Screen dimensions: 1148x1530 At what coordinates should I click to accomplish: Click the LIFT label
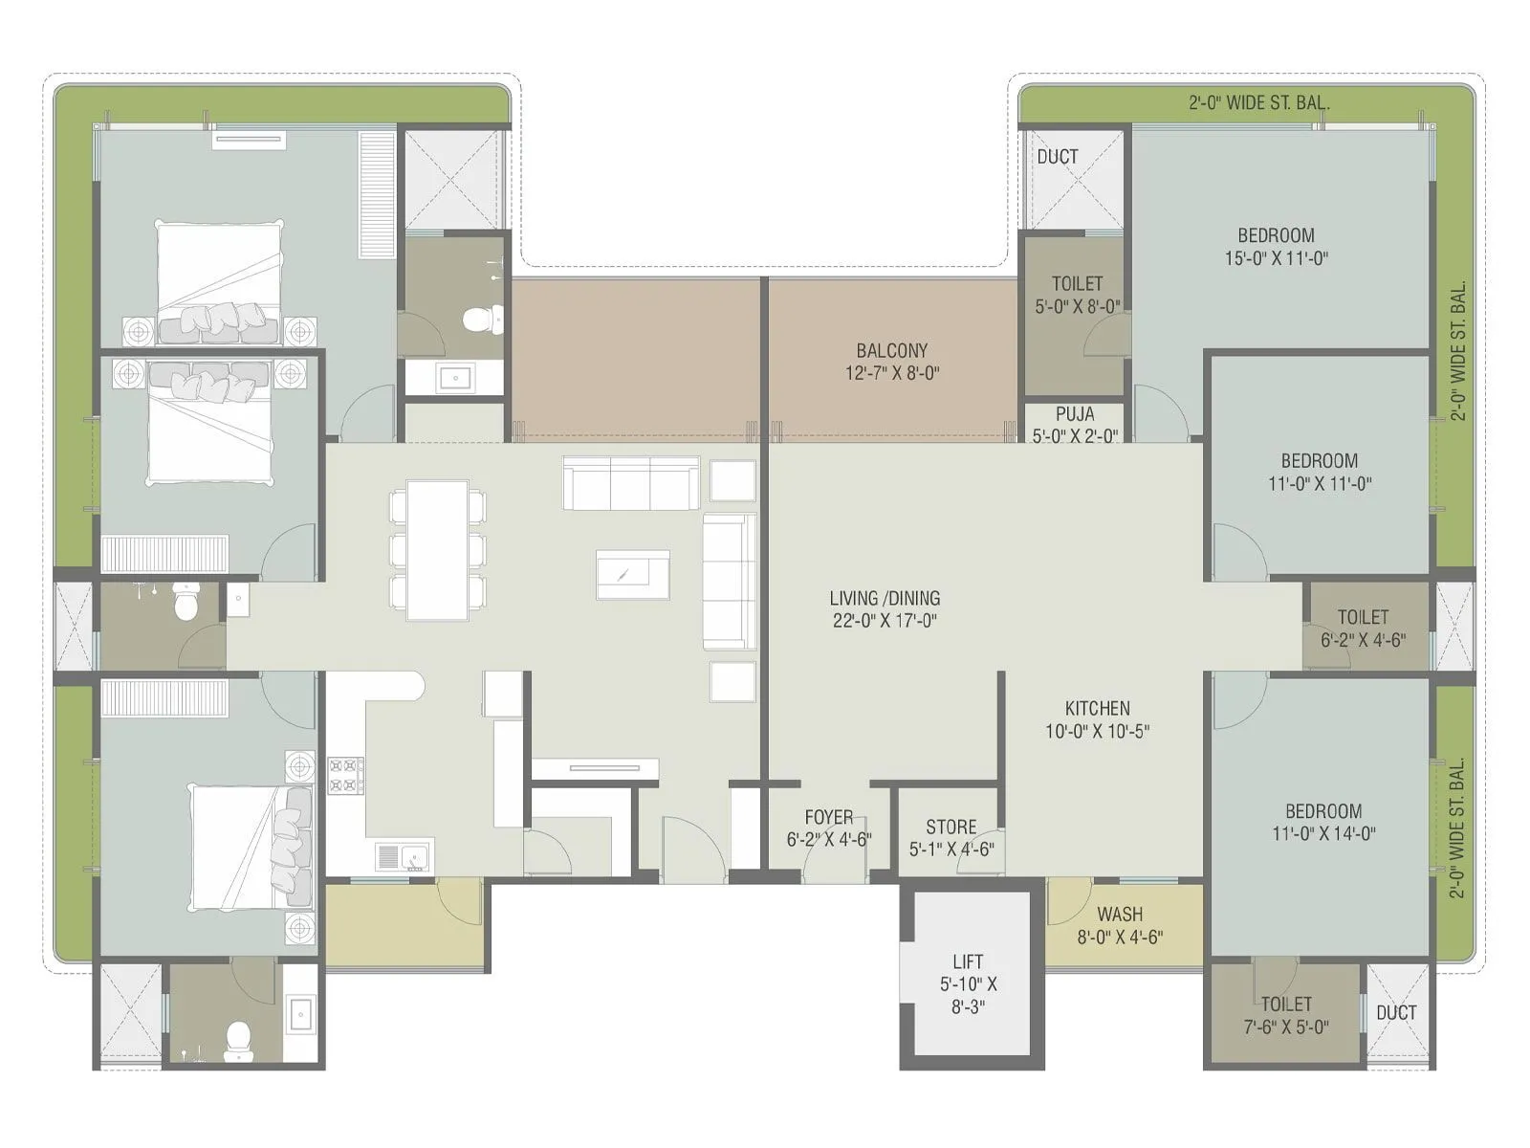tap(968, 962)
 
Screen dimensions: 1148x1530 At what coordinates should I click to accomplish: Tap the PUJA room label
tap(1075, 414)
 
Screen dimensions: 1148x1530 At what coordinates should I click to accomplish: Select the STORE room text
tap(951, 827)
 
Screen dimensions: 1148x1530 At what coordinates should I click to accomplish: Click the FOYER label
tap(828, 817)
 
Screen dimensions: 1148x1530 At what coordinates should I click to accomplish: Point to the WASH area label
tap(1119, 914)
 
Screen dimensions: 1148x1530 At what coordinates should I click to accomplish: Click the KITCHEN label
tap(1097, 708)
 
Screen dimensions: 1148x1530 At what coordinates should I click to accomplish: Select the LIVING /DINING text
tap(885, 598)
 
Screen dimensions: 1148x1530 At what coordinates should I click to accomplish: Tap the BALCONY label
tap(891, 350)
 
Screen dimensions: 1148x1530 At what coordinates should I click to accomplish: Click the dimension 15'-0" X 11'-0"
tap(1276, 258)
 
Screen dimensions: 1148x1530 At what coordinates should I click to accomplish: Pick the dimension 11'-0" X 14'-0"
tap(1323, 833)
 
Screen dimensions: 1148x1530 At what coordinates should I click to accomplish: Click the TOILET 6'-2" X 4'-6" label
tap(1363, 628)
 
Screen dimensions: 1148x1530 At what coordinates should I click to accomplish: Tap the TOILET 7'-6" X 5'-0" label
tap(1285, 1015)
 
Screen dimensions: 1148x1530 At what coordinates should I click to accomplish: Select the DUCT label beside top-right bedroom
tap(1057, 156)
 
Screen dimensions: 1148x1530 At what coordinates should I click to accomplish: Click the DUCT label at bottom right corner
tap(1395, 1012)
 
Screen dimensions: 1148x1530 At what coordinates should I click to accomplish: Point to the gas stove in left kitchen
tap(345, 775)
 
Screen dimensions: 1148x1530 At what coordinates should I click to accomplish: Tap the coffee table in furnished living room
tap(632, 574)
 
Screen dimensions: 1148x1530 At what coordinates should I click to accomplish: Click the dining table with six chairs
tap(437, 550)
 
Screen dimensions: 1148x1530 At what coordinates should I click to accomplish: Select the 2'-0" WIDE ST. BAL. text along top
tap(1258, 102)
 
